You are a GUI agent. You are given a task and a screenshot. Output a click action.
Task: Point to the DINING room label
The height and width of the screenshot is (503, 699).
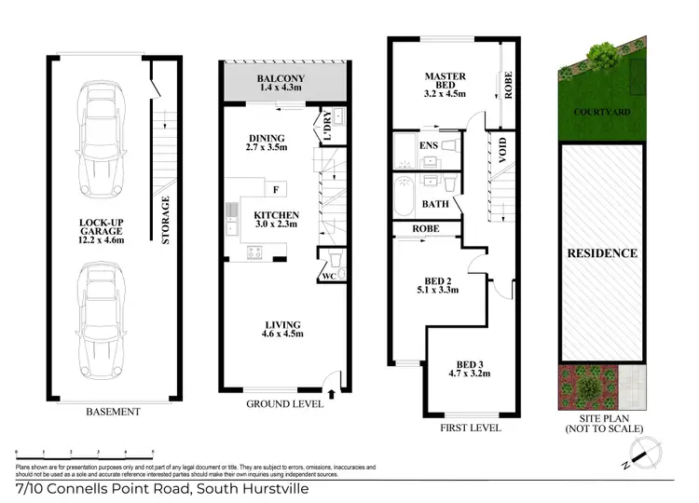pyautogui.click(x=267, y=141)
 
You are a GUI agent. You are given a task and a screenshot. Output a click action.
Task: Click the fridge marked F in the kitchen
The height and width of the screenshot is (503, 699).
pyautogui.click(x=276, y=190)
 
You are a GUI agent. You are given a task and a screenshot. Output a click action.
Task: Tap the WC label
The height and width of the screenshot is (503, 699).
pyautogui.click(x=327, y=276)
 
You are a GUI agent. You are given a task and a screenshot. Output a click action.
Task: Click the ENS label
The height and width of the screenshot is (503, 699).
pyautogui.click(x=429, y=145)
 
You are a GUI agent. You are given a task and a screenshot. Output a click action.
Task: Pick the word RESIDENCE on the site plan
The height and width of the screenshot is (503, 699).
pyautogui.click(x=603, y=252)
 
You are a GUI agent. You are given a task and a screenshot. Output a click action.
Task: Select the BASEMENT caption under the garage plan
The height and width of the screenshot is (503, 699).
pyautogui.click(x=111, y=412)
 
